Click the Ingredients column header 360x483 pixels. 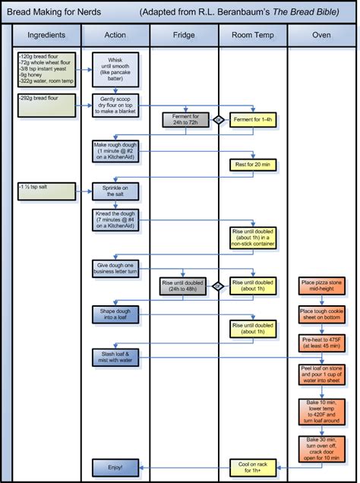46,36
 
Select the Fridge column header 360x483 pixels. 184,36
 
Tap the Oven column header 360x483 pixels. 321,36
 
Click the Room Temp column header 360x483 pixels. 252,36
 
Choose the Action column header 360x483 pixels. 115,36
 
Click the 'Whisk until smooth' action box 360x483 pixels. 115,69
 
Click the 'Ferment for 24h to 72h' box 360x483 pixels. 184,120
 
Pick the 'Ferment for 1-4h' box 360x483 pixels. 252,120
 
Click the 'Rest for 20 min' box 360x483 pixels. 252,164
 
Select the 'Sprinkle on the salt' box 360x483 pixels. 115,191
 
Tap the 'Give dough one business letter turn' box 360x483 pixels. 115,268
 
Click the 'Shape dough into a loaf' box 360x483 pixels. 115,314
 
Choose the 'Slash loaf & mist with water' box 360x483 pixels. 115,356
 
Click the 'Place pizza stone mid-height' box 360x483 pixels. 321,286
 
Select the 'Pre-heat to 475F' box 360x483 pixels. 321,343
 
